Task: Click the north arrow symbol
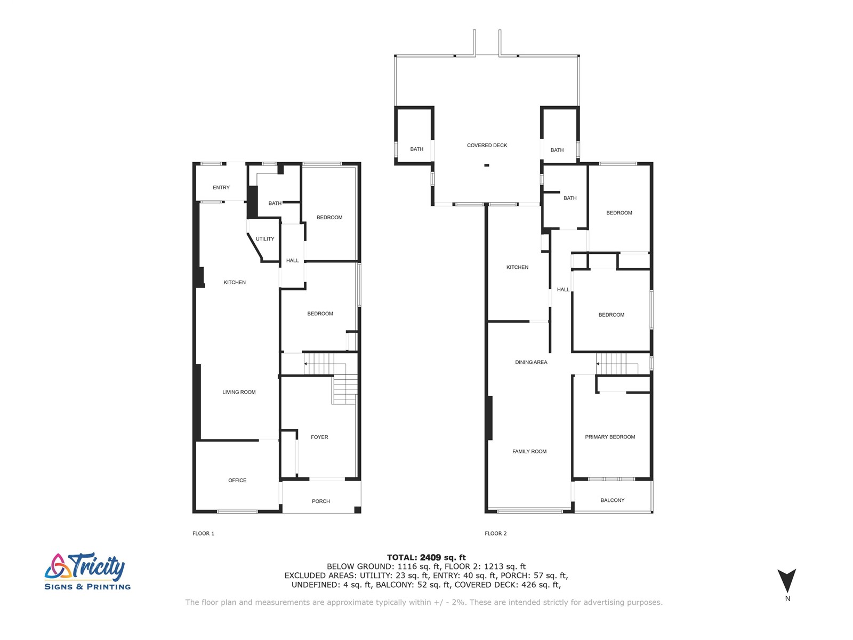click(x=786, y=580)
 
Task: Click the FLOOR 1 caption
click(x=203, y=533)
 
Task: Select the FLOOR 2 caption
click(x=495, y=533)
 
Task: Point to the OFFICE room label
click(x=237, y=480)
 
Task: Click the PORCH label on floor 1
click(x=320, y=501)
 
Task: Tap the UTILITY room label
click(x=264, y=239)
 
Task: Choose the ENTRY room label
click(x=221, y=187)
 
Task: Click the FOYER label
click(x=319, y=437)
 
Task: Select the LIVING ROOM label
click(x=239, y=392)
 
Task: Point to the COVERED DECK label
click(x=487, y=145)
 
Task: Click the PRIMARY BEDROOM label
click(x=610, y=437)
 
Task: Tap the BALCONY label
click(x=612, y=500)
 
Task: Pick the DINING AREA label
click(x=531, y=362)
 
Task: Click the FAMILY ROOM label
click(x=529, y=451)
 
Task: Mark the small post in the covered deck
click(x=486, y=165)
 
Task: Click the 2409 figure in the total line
click(x=431, y=557)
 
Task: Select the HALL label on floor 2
click(x=563, y=290)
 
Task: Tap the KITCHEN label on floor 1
click(x=235, y=282)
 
